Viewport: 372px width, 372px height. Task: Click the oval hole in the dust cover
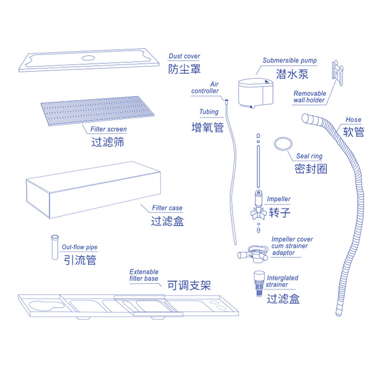pos(88,58)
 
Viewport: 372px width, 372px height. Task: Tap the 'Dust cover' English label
pos(184,56)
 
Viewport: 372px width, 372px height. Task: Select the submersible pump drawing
pos(256,93)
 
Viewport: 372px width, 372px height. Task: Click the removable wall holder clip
pos(338,73)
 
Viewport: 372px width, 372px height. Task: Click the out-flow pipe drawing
pos(55,247)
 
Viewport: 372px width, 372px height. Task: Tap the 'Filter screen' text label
pos(108,129)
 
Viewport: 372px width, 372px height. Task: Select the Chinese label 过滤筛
pos(108,142)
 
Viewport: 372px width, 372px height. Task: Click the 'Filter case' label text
pos(167,208)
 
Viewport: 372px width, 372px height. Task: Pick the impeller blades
pos(258,213)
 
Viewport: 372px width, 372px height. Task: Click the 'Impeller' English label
pos(279,199)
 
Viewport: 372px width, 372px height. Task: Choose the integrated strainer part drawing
pos(259,284)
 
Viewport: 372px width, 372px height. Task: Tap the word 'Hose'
pos(353,120)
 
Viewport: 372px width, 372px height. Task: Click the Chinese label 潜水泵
pos(292,74)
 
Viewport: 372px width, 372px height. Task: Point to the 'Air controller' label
pos(205,87)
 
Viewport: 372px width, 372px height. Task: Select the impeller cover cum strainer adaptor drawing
pos(253,254)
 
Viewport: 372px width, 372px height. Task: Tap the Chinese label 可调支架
pos(189,285)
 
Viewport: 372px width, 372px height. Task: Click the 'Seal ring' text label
pos(309,156)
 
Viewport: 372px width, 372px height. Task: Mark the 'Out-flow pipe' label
pos(80,247)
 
